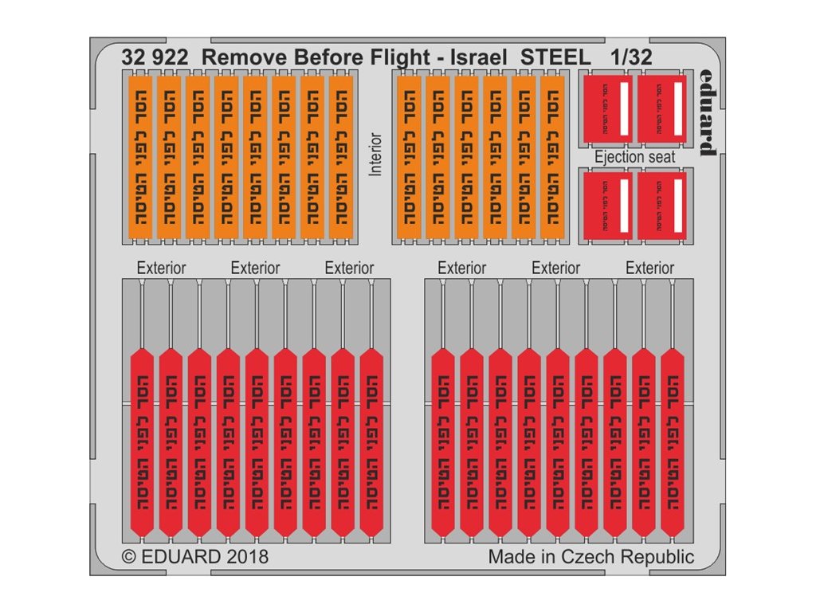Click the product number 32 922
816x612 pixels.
155,57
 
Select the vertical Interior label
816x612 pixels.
376,154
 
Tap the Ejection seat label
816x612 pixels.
634,157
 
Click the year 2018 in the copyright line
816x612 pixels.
241,556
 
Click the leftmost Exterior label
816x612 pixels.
161,268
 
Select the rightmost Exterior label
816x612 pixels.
649,268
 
